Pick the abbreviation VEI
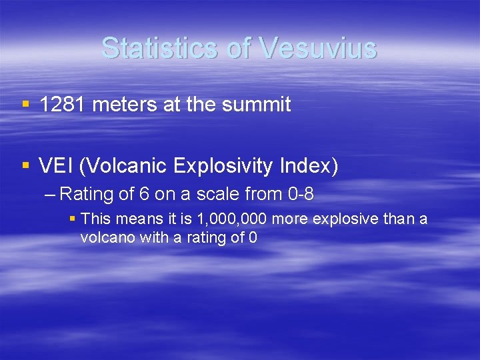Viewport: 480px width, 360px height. (56, 166)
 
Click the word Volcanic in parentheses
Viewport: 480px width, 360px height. (120, 166)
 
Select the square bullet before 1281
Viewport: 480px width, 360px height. (25, 105)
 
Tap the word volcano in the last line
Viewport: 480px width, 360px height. (107, 238)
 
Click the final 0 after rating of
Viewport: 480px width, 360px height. (252, 238)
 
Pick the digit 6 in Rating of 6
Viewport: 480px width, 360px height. (143, 195)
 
